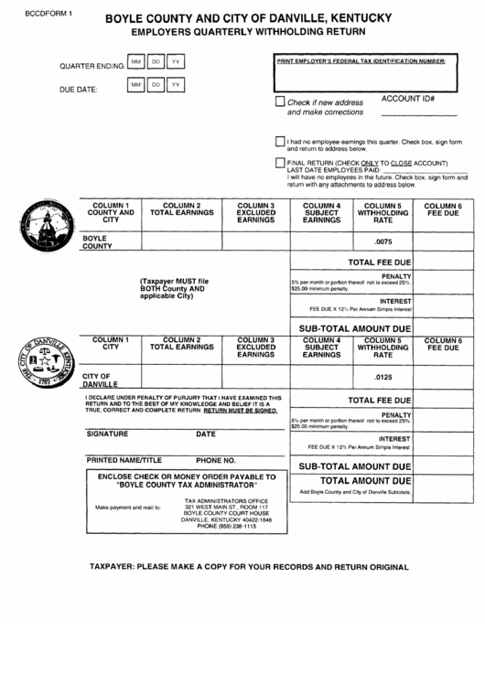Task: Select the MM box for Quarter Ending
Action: click(x=136, y=62)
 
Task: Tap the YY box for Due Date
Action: click(x=177, y=85)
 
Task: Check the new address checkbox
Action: click(x=281, y=102)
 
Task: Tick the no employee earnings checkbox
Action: click(x=280, y=142)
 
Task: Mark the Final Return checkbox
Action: click(x=280, y=163)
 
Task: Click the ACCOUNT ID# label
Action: click(x=407, y=98)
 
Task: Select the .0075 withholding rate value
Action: click(x=383, y=241)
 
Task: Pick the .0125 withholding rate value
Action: click(x=383, y=378)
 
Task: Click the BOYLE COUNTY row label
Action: click(x=97, y=241)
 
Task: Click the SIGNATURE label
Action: click(x=109, y=434)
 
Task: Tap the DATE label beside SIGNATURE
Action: click(x=206, y=434)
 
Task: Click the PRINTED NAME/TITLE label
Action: click(x=124, y=460)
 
